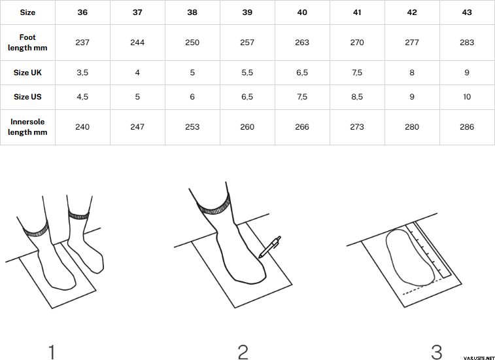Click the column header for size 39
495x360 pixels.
click(x=247, y=12)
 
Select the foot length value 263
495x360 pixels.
click(x=302, y=43)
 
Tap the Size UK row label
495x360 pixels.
click(x=27, y=73)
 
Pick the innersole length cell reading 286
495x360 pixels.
click(x=467, y=127)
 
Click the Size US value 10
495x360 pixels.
click(x=467, y=97)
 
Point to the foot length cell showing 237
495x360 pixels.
click(x=82, y=43)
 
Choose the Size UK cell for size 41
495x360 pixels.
click(x=357, y=73)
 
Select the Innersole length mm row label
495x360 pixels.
click(x=27, y=127)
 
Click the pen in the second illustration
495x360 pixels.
click(x=269, y=247)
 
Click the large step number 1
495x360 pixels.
click(x=52, y=352)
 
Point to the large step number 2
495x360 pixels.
click(x=243, y=352)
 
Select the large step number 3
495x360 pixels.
click(x=437, y=352)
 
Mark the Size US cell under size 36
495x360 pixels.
click(x=82, y=97)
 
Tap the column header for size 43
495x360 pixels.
click(x=467, y=12)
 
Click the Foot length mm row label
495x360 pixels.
click(x=27, y=43)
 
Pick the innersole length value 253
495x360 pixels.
click(x=192, y=127)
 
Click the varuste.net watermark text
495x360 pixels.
click(x=479, y=357)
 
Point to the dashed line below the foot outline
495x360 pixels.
click(x=422, y=287)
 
